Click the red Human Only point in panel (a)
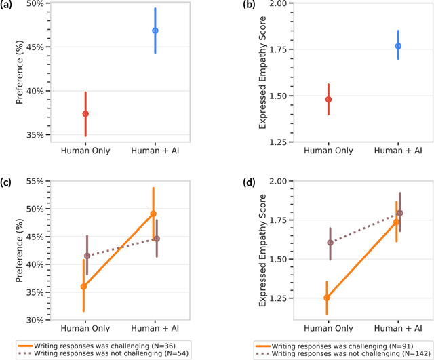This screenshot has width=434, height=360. point(85,114)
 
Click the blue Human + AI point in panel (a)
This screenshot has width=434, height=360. point(155,31)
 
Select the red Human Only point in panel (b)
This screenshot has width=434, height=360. point(328,99)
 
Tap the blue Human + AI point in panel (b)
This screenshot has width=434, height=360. point(398,46)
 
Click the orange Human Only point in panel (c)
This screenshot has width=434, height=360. point(84,287)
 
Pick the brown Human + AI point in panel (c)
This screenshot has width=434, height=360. point(156,239)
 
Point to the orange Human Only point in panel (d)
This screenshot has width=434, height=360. point(327,298)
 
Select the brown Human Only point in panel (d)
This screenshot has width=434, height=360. point(330,243)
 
